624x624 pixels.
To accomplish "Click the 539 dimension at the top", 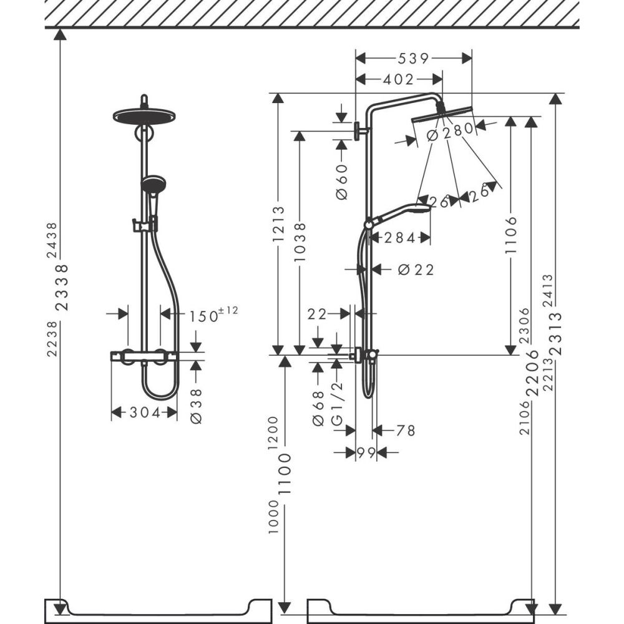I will pos(414,59).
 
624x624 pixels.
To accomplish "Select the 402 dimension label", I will pos(399,79).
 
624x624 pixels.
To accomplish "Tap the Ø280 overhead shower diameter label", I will pos(447,133).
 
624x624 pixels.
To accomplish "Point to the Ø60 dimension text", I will pos(341,182).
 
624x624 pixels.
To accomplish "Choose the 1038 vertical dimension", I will pos(300,241).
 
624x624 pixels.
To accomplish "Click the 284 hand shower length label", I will pos(399,238).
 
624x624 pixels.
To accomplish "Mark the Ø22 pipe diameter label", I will pos(415,270).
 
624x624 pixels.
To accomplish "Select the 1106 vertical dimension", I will pos(511,235).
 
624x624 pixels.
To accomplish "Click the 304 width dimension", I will pos(144,412).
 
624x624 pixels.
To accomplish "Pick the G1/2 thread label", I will pos(338,409).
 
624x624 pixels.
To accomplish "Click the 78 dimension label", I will pos(406,430).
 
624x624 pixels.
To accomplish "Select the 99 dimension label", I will pos(366,453).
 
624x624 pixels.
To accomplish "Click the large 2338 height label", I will pos(62,288).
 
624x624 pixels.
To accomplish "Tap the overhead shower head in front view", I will pos(144,116).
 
